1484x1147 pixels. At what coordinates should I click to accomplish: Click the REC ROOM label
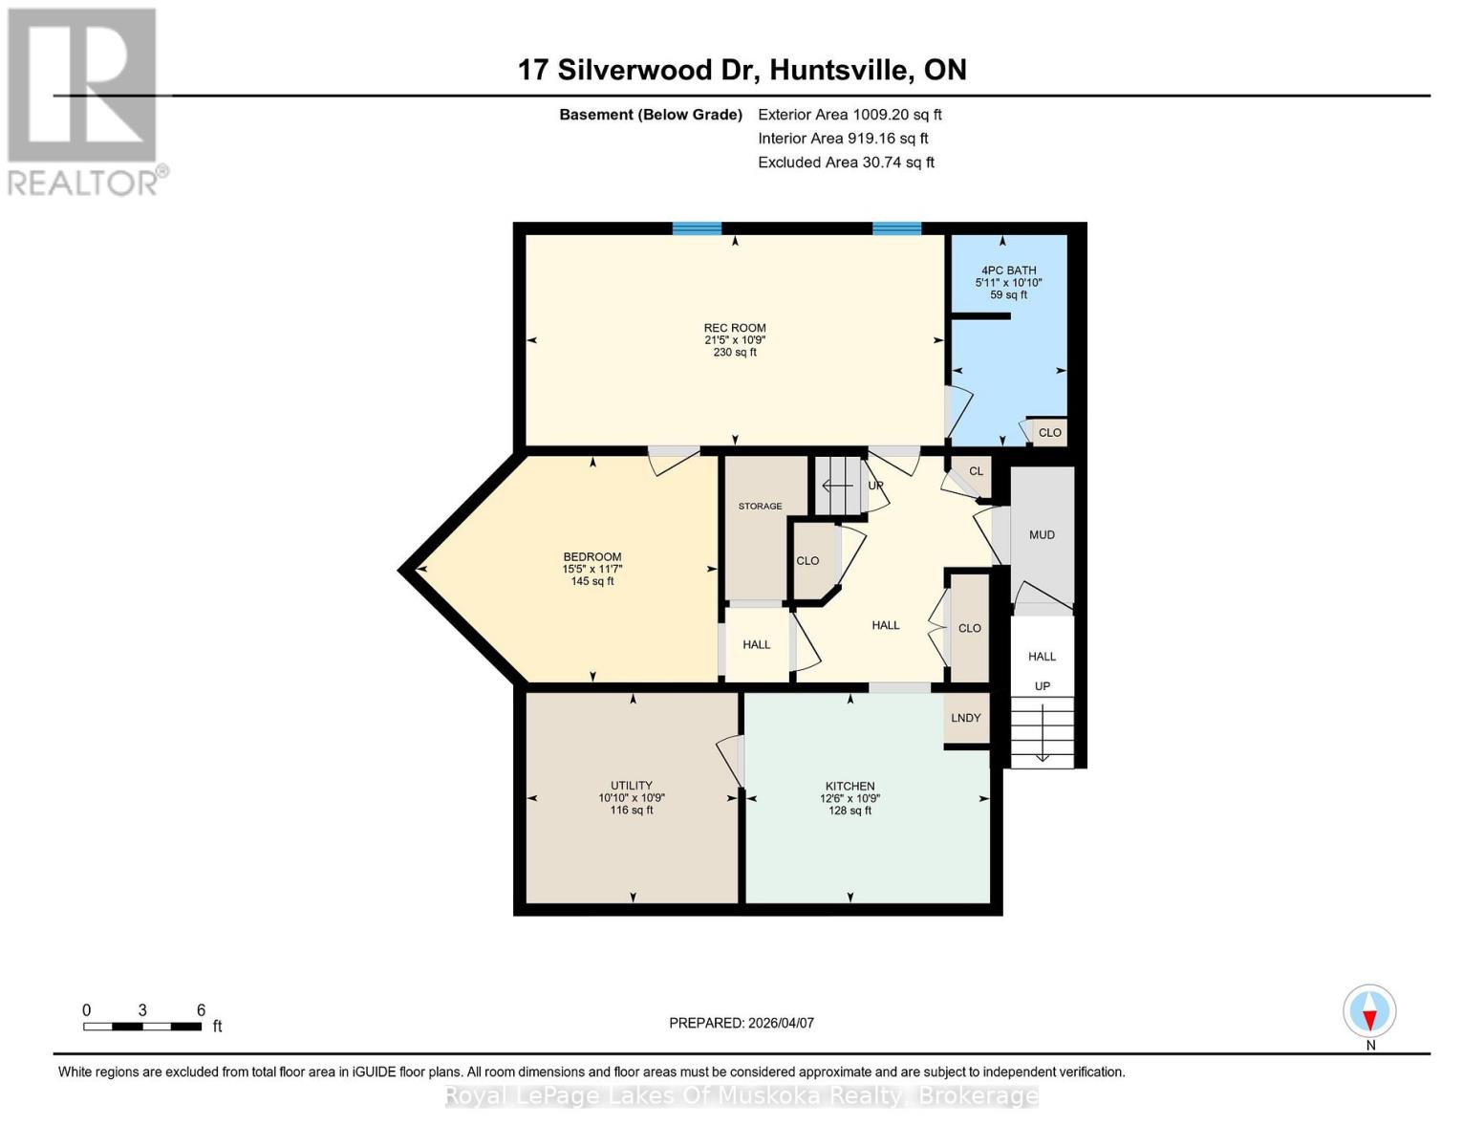735,328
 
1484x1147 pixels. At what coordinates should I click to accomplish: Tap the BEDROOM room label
591,557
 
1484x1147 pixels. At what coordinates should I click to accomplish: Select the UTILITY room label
632,786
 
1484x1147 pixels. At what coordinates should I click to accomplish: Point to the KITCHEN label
850,786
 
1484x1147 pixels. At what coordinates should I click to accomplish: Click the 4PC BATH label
1008,271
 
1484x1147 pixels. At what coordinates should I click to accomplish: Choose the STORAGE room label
760,507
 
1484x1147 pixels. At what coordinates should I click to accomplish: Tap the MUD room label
1042,535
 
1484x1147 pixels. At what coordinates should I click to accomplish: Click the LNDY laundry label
966,718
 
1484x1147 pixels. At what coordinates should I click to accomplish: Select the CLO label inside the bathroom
1049,433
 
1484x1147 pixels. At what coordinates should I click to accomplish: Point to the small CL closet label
976,471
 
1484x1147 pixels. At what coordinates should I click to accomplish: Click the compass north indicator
1369,1011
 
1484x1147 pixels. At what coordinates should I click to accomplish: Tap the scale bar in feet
142,1027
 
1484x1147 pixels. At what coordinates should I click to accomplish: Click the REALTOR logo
83,100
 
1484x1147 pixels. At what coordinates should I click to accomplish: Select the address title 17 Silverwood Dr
742,70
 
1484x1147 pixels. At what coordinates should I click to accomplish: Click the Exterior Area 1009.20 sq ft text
850,115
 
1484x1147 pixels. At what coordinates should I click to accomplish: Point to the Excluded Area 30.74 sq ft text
846,162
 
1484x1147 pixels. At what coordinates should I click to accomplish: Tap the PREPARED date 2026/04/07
742,1023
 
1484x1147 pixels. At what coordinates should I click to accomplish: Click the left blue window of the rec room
697,228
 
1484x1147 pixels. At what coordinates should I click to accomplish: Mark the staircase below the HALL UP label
1042,732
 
